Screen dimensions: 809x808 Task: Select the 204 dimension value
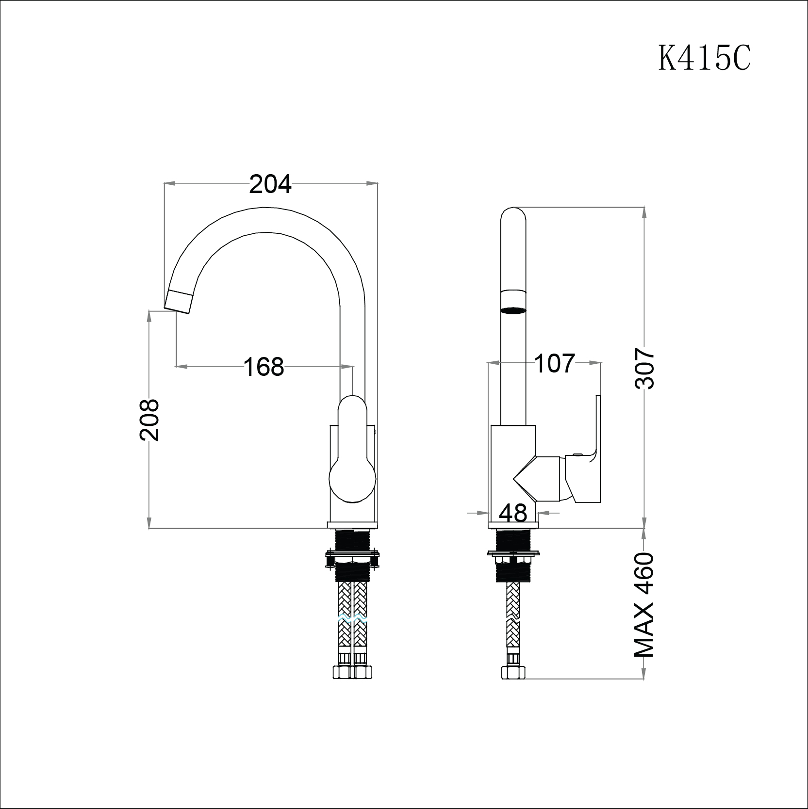(x=270, y=184)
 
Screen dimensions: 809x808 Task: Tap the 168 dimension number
(x=264, y=367)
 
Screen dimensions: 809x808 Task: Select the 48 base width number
(x=513, y=513)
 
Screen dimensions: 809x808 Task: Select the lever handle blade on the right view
(x=597, y=427)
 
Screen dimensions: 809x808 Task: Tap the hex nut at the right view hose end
(x=513, y=673)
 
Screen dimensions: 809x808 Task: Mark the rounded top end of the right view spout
(x=513, y=216)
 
